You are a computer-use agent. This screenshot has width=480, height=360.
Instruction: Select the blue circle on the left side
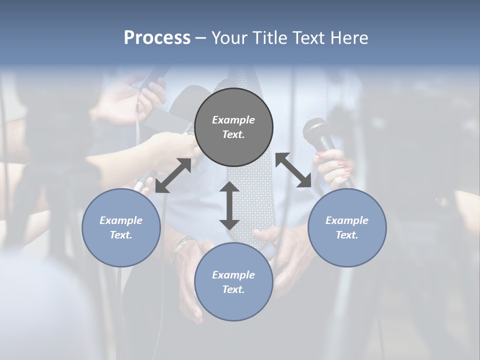click(121, 227)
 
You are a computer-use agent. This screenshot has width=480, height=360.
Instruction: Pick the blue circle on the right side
click(347, 227)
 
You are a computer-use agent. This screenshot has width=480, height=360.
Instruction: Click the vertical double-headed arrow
click(229, 205)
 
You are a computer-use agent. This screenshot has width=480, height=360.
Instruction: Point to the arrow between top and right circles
click(293, 170)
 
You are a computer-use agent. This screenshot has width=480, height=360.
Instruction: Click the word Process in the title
click(157, 38)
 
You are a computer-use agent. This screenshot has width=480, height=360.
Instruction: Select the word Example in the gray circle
click(233, 120)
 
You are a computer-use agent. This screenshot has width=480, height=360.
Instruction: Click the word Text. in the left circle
click(121, 235)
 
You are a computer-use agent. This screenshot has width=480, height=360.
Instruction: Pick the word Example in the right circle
click(347, 220)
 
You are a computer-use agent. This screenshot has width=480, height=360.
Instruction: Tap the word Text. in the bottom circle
click(233, 289)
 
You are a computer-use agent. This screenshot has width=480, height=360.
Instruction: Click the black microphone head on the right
click(316, 131)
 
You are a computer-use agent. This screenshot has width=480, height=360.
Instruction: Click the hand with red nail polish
click(333, 167)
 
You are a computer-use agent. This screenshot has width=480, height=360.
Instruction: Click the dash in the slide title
click(201, 38)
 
